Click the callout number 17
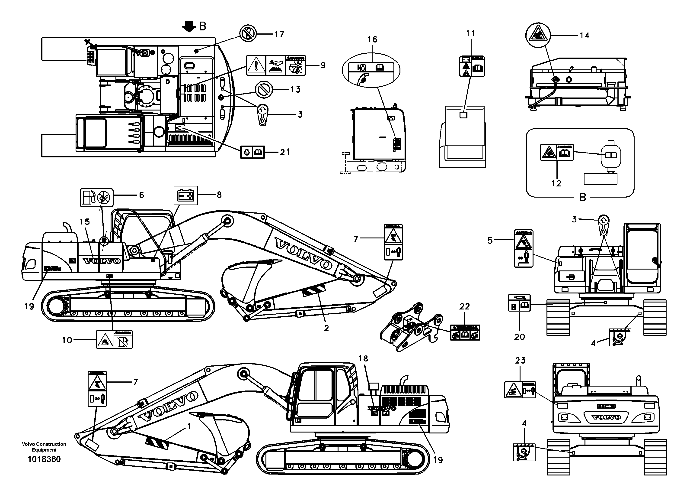point(279,34)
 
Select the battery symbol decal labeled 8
point(186,195)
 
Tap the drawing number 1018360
point(44,459)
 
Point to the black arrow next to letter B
point(189,26)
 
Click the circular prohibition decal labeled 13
point(264,90)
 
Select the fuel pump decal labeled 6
point(96,198)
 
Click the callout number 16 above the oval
point(372,39)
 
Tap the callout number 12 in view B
point(556,183)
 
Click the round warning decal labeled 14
point(538,36)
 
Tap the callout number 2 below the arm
point(326,328)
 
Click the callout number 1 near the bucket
point(189,426)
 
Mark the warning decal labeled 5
point(524,248)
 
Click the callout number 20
point(519,337)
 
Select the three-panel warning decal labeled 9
point(276,65)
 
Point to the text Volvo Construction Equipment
point(44,447)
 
